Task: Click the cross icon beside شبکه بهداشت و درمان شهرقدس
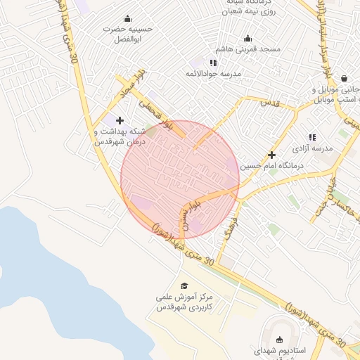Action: point(120,120)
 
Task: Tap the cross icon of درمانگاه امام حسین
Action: point(271,155)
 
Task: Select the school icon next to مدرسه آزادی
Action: point(312,137)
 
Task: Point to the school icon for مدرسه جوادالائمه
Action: point(213,63)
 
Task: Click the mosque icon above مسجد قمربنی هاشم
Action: point(247,39)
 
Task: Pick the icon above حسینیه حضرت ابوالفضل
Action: point(127,18)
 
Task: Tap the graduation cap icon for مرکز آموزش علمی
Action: point(184,286)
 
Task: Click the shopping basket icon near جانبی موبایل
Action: point(344,79)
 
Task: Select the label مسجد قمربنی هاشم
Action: point(252,49)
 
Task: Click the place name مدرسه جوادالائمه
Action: point(213,74)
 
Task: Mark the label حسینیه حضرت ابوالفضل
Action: point(127,34)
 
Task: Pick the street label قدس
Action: point(270,103)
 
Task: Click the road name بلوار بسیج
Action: point(185,213)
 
